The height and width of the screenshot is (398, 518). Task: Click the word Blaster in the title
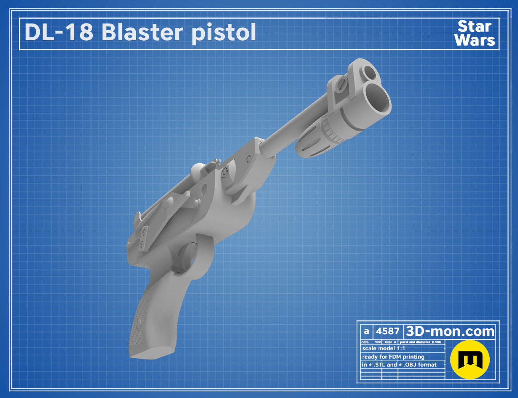click(x=143, y=32)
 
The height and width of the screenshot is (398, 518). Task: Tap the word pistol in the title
click(x=224, y=33)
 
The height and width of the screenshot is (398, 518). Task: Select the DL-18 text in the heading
click(x=59, y=32)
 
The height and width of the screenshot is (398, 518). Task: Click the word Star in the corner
click(x=475, y=26)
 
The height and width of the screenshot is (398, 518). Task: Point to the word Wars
click(x=475, y=40)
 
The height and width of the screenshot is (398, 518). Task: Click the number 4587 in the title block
click(x=387, y=331)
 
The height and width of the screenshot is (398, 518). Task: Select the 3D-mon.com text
click(x=450, y=331)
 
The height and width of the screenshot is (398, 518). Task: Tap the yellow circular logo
click(x=470, y=359)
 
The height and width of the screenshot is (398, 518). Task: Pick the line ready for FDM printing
click(x=393, y=357)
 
